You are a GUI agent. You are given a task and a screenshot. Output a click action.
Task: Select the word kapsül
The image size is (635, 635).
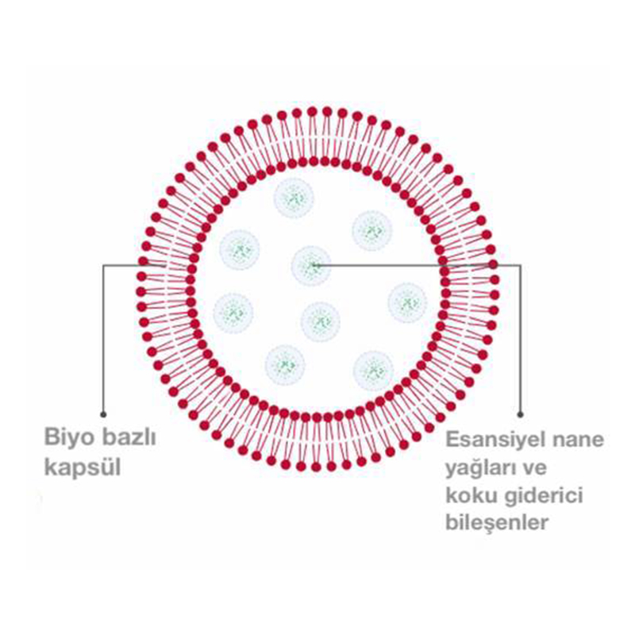pos(83,468)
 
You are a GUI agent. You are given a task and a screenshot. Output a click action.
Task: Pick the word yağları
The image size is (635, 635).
pos(481,468)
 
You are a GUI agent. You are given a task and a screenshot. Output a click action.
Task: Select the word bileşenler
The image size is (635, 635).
pos(497,523)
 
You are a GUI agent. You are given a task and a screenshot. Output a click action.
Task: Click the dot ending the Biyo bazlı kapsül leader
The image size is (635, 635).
pos(103,414)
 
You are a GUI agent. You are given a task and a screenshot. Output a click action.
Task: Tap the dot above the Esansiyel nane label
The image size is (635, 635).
pos(521,414)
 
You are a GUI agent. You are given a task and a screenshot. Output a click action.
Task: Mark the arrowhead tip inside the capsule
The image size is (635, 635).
pos(313,265)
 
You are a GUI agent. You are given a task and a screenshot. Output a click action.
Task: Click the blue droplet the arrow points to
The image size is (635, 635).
pos(311,265)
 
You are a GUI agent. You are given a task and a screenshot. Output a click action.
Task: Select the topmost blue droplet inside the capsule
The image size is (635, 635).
pos(294,198)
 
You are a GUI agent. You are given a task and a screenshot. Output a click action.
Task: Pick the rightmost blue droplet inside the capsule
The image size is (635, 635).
pos(407,302)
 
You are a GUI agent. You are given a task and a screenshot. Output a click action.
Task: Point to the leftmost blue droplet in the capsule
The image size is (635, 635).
pos(233,312)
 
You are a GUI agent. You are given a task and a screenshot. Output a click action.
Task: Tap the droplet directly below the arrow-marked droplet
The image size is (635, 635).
pos(321,321)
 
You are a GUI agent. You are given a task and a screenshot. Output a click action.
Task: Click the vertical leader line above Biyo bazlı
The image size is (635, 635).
pos(103,339)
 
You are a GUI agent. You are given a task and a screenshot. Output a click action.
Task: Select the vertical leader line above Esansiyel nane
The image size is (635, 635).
pos(521,339)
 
